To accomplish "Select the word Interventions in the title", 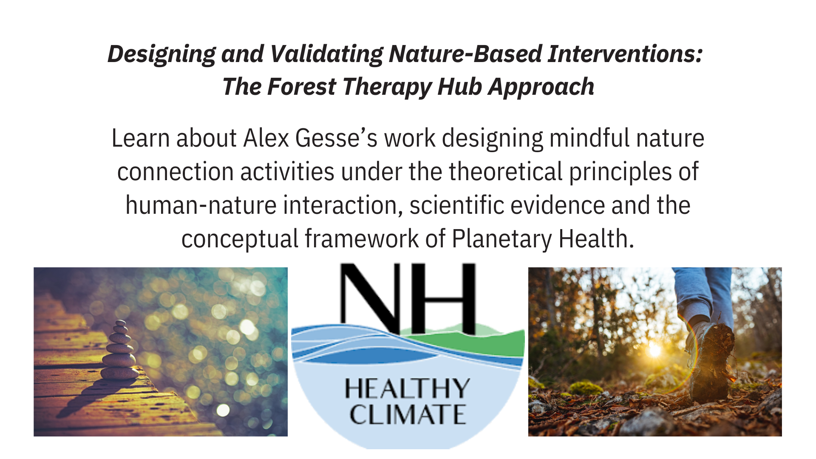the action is coord(625,54).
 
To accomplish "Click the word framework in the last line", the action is coord(362,238).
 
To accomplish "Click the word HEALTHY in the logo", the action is coord(407,388).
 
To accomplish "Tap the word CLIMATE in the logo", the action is coord(408,415).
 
